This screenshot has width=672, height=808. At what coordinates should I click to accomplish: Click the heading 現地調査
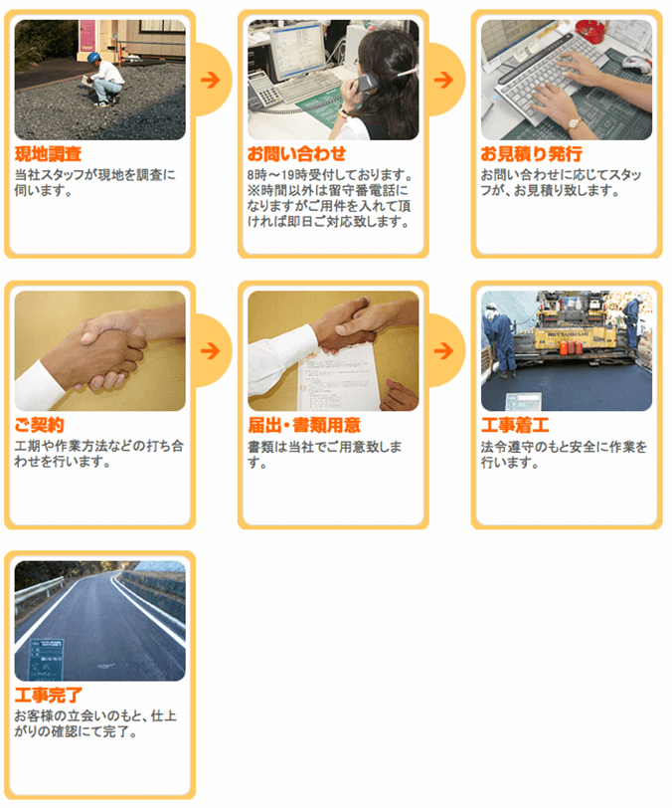[48, 153]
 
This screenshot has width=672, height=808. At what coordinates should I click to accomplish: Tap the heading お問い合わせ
[296, 153]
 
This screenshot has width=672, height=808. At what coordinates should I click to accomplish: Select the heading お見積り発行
[532, 153]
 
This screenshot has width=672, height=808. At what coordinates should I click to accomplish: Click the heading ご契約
[39, 425]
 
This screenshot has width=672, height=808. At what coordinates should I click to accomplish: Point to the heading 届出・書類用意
[304, 425]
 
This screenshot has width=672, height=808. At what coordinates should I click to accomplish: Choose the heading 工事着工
[515, 425]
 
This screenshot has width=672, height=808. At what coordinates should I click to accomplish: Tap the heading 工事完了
[49, 696]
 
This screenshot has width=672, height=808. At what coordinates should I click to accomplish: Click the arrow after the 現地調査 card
[210, 80]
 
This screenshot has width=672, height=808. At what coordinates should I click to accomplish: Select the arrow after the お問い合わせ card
[443, 80]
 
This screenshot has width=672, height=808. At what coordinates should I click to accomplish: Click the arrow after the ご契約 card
[210, 351]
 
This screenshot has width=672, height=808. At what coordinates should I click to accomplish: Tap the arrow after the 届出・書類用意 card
[443, 351]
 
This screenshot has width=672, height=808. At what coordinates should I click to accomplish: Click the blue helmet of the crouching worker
[93, 57]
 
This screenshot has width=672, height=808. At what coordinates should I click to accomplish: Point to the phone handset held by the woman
[366, 83]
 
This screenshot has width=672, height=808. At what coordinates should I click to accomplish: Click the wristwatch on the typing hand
[574, 123]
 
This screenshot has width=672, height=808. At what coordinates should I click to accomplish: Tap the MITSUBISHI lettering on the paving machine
[566, 334]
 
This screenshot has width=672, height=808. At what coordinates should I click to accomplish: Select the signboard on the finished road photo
[46, 660]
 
